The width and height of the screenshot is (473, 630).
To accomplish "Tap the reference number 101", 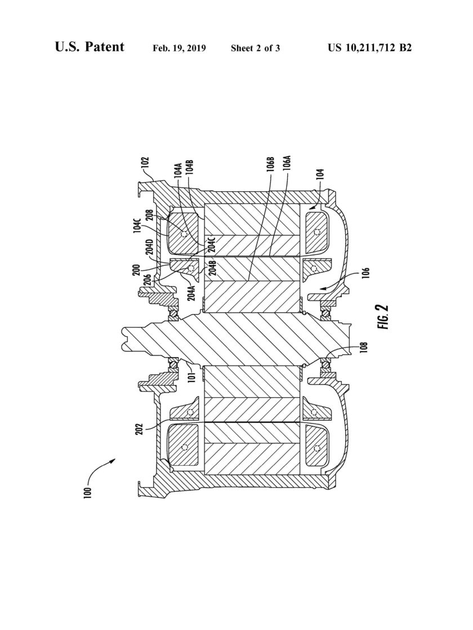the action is pyautogui.click(x=192, y=376).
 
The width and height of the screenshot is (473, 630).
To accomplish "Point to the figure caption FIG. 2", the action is pyautogui.click(x=383, y=317).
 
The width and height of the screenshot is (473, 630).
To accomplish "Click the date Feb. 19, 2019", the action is pyautogui.click(x=180, y=48).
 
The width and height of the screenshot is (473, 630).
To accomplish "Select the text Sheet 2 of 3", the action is pyautogui.click(x=256, y=48).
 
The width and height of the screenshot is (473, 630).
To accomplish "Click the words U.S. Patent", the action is pyautogui.click(x=90, y=47).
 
